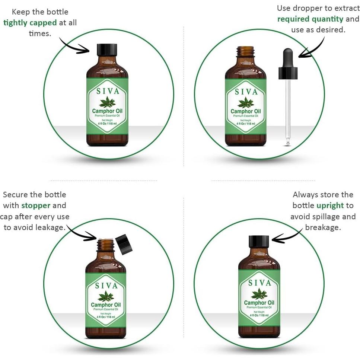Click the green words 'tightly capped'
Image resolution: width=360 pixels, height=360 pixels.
pos(30,23)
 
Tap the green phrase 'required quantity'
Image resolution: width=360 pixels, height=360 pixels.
pos(310,19)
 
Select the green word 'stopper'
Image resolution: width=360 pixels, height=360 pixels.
pos(36,206)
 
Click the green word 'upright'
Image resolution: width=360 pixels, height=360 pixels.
pos(330,206)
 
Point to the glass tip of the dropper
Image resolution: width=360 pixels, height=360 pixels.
pos(288,143)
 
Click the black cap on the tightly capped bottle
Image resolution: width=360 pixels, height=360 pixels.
pos(107,50)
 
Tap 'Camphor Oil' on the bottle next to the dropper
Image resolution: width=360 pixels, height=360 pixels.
pos(246,111)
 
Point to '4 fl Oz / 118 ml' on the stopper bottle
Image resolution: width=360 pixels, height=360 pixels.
pos(106,317)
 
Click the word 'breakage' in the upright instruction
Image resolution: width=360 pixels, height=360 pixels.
pos(323,227)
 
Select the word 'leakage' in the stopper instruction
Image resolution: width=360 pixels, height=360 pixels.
pos(50,227)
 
